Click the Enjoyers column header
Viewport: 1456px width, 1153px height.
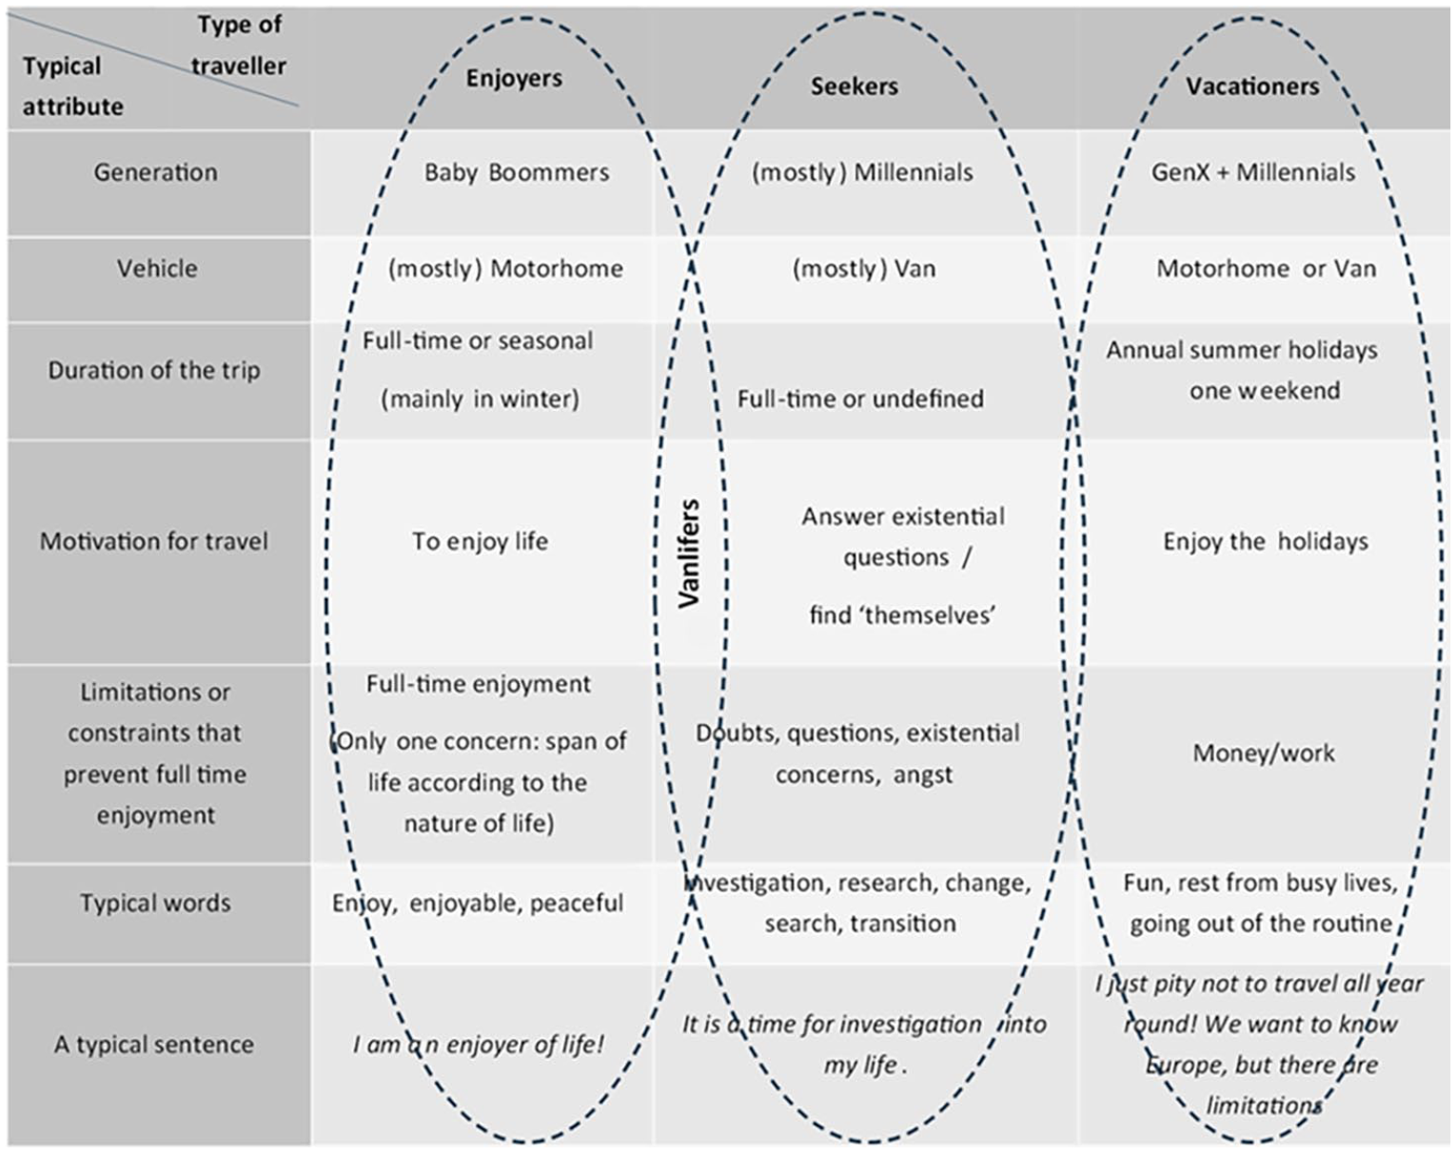[514, 78]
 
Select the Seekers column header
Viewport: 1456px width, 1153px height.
[855, 87]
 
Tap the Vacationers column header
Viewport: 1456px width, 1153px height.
[1252, 87]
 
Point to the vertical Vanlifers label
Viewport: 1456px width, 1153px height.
[689, 553]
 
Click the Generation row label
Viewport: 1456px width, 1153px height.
[156, 172]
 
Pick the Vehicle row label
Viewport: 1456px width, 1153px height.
[157, 269]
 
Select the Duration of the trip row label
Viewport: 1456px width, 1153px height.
[154, 371]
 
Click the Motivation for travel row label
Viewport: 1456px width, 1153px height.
[154, 541]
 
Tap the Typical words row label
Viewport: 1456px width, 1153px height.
[156, 904]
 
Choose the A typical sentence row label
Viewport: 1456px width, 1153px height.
[154, 1045]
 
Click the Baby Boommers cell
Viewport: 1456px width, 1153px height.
[517, 172]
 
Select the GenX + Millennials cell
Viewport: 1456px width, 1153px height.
[1253, 172]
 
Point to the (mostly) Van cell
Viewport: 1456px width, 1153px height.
[864, 269]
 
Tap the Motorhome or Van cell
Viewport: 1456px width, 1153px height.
[1266, 269]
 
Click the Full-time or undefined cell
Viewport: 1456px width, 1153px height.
[860, 399]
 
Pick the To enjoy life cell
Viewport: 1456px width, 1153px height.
[481, 541]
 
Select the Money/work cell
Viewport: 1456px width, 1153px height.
[1263, 753]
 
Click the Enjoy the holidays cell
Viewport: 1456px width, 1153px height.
[1266, 541]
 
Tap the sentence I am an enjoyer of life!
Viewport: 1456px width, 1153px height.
[479, 1046]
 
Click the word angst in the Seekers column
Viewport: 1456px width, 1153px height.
[922, 775]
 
